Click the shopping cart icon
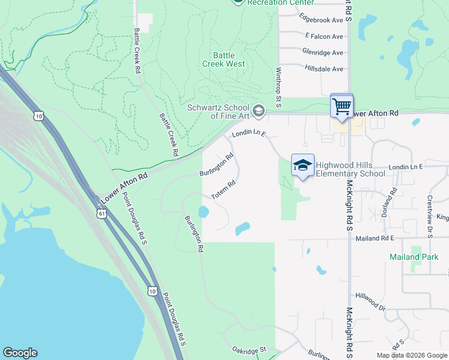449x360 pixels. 342,107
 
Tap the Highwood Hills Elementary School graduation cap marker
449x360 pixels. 303,165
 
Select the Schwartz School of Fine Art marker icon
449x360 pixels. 259,110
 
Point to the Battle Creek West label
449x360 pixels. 223,59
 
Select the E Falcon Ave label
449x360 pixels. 324,37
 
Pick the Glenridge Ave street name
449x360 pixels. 323,53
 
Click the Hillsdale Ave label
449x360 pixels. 324,69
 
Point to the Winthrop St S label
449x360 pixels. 279,88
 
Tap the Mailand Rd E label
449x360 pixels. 374,238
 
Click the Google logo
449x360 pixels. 20,353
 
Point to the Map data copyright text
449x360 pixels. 412,355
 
